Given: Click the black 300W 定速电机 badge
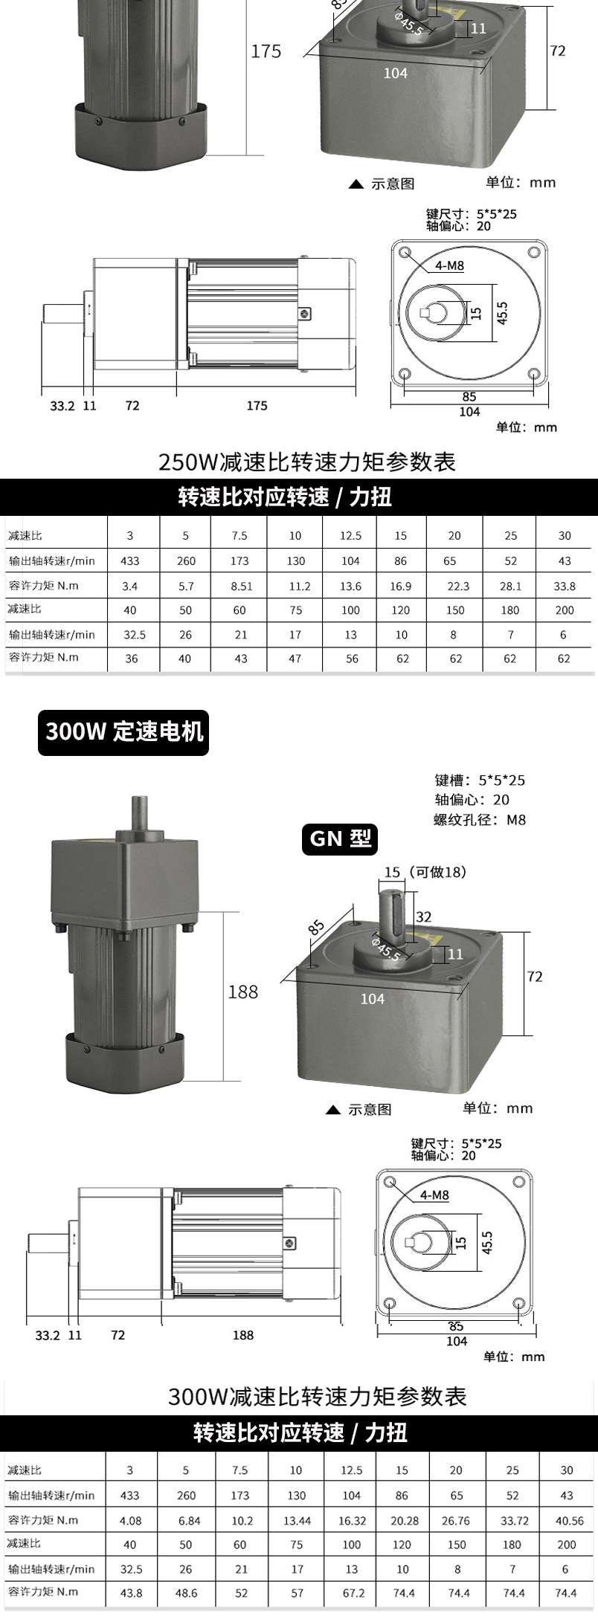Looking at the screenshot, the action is (123, 732).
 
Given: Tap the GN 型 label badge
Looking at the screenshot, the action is (340, 839).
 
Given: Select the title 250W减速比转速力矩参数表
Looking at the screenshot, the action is (306, 462).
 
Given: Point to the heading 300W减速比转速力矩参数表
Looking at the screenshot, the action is (317, 1397).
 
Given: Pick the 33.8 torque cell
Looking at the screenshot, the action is (565, 586).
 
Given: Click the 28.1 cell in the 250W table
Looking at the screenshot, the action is (510, 586).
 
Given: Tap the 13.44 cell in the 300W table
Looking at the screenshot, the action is (297, 1520).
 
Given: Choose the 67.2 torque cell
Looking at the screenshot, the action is (353, 1593).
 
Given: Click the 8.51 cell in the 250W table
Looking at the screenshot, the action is (241, 586).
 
